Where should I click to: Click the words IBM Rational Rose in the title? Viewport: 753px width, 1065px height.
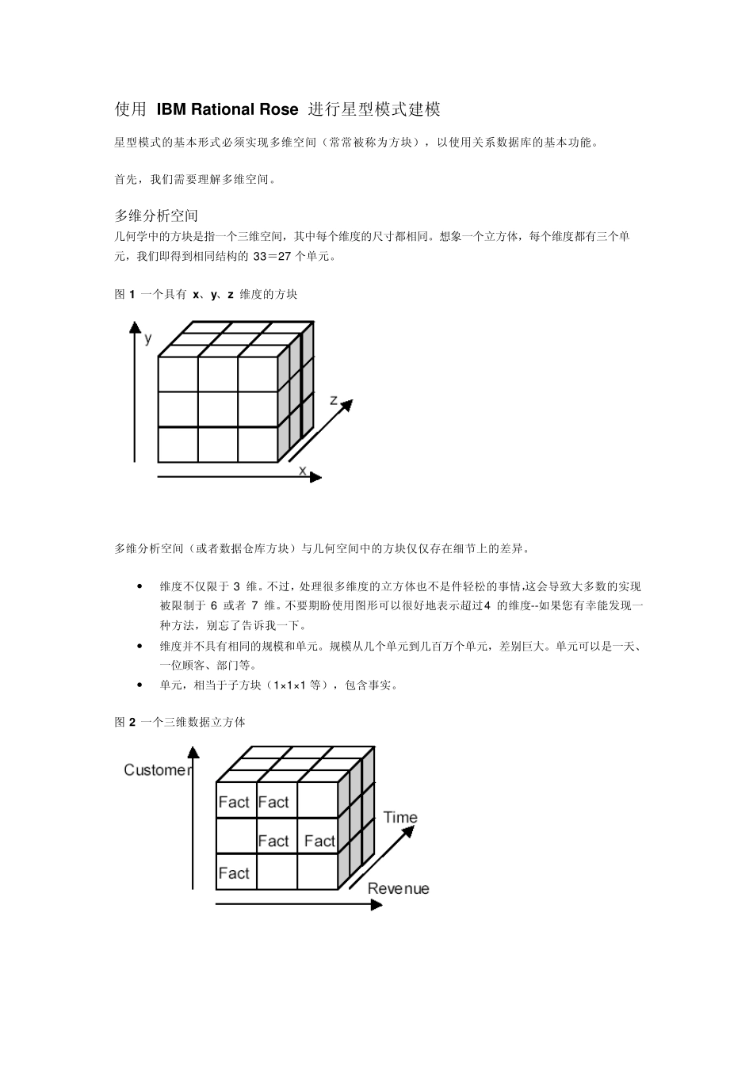(227, 109)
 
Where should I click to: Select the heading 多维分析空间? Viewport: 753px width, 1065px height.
(156, 216)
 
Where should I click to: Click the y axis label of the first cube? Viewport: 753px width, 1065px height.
(148, 338)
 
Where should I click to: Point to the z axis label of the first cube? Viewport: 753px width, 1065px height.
(334, 400)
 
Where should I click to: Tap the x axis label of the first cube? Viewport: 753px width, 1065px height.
(302, 470)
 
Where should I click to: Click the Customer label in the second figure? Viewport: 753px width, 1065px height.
(158, 770)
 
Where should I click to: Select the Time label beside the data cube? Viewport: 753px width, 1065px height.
(400, 817)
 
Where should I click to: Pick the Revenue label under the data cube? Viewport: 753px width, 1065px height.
(399, 888)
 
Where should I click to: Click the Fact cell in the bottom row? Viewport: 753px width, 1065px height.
(234, 873)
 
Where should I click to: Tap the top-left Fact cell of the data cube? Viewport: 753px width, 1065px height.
(234, 802)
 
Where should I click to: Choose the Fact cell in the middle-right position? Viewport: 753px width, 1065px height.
(319, 841)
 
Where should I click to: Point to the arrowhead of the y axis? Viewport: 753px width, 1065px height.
(135, 326)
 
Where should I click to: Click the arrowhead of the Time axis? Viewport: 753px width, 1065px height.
(409, 830)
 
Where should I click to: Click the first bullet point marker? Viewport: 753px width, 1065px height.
(140, 587)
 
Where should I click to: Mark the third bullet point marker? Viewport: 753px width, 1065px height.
(140, 685)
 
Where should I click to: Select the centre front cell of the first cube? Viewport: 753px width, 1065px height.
(218, 409)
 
